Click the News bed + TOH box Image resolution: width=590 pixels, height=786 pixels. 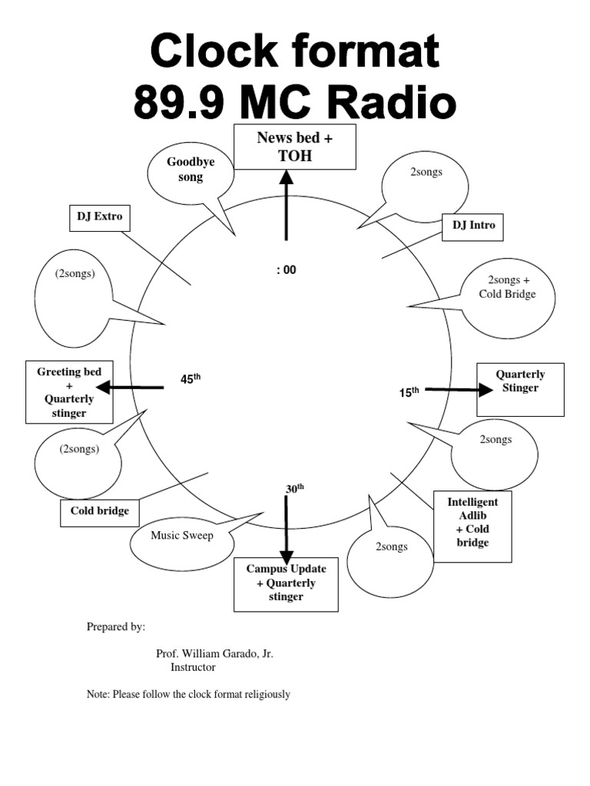pos(295,147)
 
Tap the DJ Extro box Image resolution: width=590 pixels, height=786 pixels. pos(99,217)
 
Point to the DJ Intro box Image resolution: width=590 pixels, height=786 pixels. pos(473,226)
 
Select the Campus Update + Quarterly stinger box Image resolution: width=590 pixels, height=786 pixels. pos(286,584)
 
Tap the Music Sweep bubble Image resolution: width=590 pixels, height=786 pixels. pos(182,537)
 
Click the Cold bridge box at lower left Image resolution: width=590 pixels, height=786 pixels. pos(100,511)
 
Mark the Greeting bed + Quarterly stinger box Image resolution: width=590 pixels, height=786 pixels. pos(69,391)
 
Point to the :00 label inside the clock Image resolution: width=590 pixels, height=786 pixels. pos(285,270)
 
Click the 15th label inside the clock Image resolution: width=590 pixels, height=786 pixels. pos(409,392)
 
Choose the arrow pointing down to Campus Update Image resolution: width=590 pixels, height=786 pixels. pos(287,530)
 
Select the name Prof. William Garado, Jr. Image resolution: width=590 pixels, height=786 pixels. pos(214,654)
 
